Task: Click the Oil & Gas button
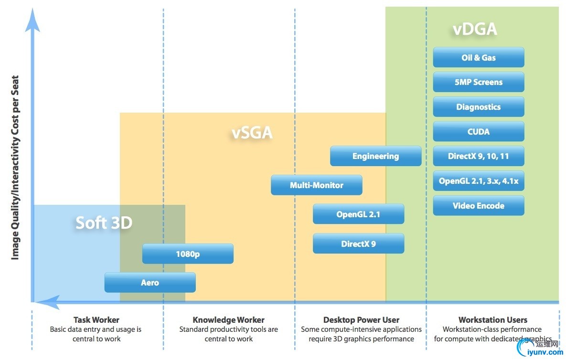[478, 58]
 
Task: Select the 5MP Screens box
[478, 82]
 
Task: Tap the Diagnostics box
[478, 107]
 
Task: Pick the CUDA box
[478, 132]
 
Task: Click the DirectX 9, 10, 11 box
[478, 156]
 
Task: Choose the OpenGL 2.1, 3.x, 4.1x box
[478, 181]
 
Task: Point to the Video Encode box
[478, 206]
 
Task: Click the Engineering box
[375, 156]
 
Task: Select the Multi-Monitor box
[316, 185]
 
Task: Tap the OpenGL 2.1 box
[358, 214]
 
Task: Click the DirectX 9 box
[358, 244]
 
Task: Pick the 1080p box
[188, 254]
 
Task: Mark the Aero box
[150, 283]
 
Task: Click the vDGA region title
[475, 30]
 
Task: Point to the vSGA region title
[252, 132]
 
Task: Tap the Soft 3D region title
[104, 222]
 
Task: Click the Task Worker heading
[96, 320]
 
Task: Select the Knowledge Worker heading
[228, 320]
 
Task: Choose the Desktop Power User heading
[361, 320]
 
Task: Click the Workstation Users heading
[492, 320]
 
